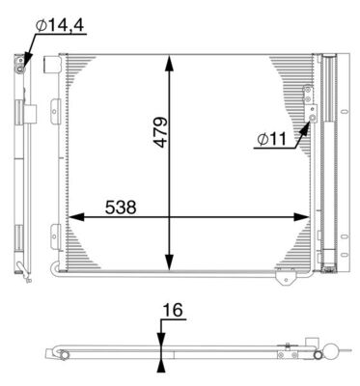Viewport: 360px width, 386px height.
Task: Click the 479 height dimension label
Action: click(x=159, y=135)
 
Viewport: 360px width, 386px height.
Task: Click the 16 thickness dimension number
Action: click(x=173, y=312)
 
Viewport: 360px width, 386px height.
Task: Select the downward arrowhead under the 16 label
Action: click(x=160, y=338)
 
